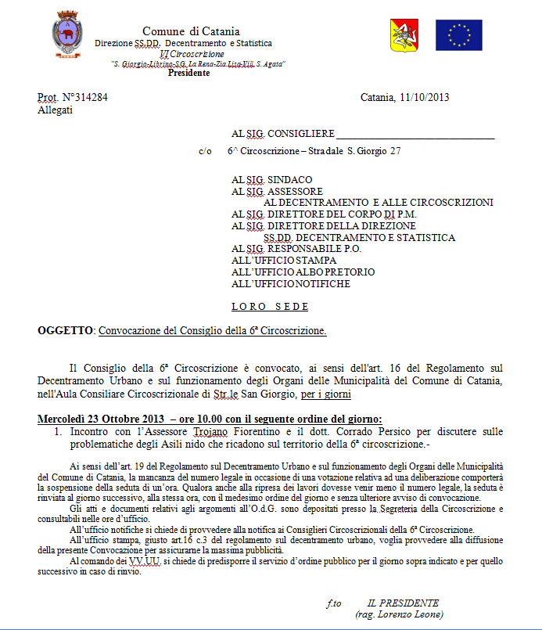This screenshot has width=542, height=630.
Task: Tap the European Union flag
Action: coord(458,35)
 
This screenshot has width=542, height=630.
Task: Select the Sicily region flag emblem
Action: coord(404,35)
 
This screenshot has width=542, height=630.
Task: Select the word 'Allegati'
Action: coord(55,110)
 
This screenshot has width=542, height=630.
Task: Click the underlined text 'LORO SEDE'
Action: coord(270,306)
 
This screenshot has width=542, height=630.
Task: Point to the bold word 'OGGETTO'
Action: coord(66,330)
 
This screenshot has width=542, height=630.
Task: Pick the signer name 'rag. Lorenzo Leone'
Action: coord(399,614)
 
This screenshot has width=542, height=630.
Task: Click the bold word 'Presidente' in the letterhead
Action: coord(189,73)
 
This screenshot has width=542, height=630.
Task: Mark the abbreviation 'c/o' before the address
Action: coord(205,151)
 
